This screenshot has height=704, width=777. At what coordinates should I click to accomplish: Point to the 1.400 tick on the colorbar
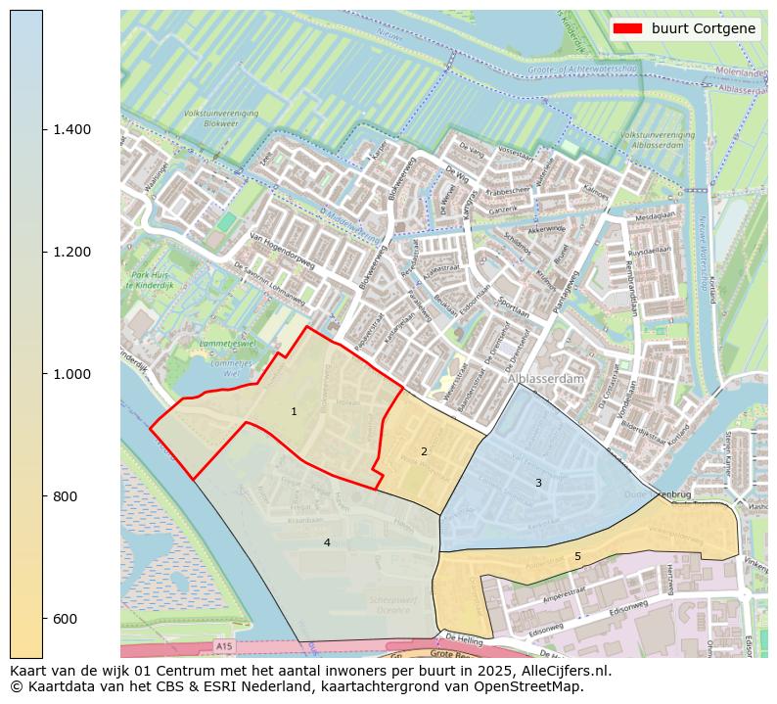click(72, 129)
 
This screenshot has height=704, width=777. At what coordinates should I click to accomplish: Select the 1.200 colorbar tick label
click(72, 252)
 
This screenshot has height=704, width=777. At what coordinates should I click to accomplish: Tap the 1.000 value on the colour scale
click(72, 374)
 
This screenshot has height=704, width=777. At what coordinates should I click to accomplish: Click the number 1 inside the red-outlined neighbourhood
click(294, 412)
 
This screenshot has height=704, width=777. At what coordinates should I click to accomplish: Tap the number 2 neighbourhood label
click(424, 451)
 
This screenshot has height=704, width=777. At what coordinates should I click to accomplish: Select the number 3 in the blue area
click(538, 483)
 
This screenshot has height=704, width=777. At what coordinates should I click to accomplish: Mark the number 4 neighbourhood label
click(327, 542)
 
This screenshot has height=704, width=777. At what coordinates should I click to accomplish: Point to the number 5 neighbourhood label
click(577, 556)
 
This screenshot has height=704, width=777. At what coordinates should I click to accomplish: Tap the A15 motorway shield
click(224, 646)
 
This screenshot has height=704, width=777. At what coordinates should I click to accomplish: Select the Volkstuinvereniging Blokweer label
click(221, 119)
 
